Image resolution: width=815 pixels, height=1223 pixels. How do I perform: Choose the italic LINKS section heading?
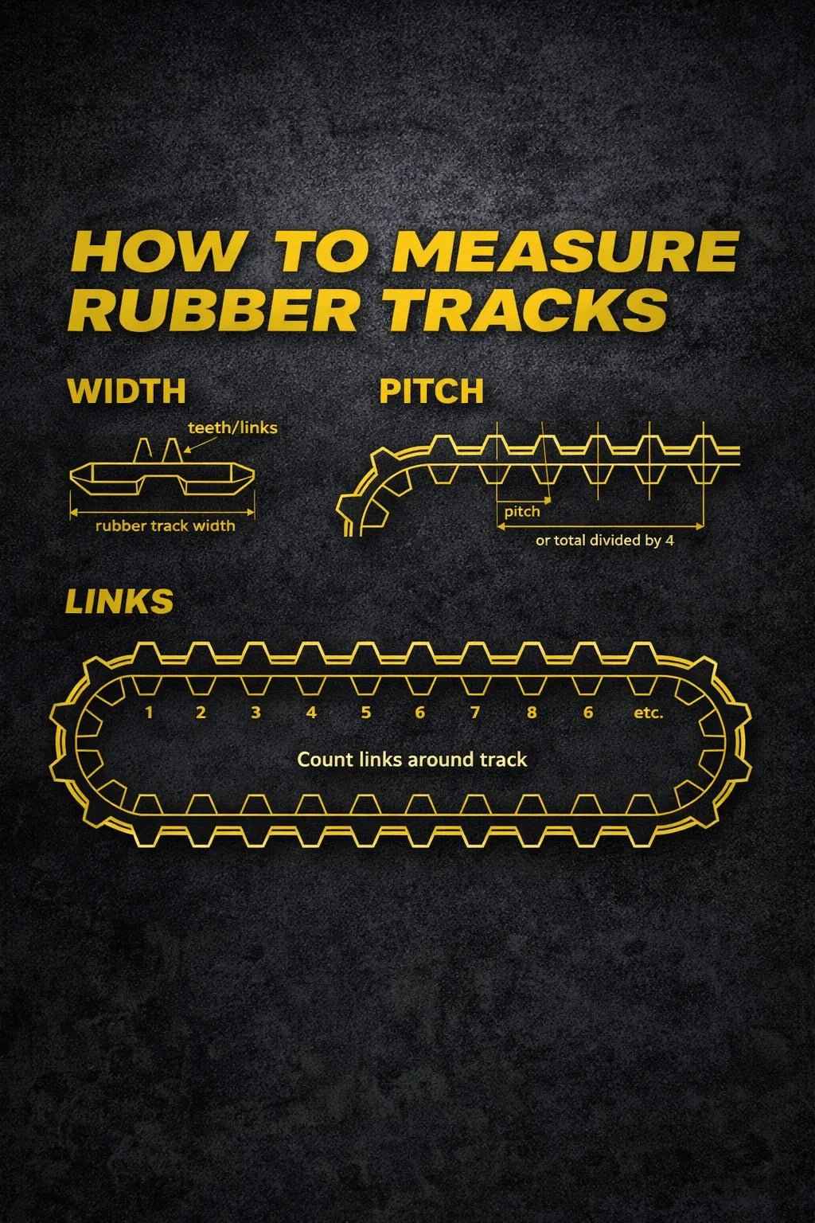pyautogui.click(x=119, y=602)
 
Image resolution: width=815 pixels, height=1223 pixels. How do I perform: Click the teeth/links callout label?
pyautogui.click(x=232, y=428)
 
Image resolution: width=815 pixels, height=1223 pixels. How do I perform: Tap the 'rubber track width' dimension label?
pyautogui.click(x=165, y=526)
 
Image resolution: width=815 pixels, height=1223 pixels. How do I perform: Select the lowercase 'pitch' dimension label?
pyautogui.click(x=521, y=511)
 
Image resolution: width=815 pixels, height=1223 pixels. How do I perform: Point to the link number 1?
pyautogui.click(x=148, y=713)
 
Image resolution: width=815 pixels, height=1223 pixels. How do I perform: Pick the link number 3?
pyautogui.click(x=255, y=713)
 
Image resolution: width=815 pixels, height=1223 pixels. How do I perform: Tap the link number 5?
pyautogui.click(x=365, y=713)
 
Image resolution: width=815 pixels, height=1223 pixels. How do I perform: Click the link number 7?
pyautogui.click(x=474, y=713)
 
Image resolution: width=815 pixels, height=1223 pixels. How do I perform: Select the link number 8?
pyautogui.click(x=531, y=713)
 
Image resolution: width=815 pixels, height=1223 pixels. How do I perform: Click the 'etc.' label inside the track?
pyautogui.click(x=648, y=713)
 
